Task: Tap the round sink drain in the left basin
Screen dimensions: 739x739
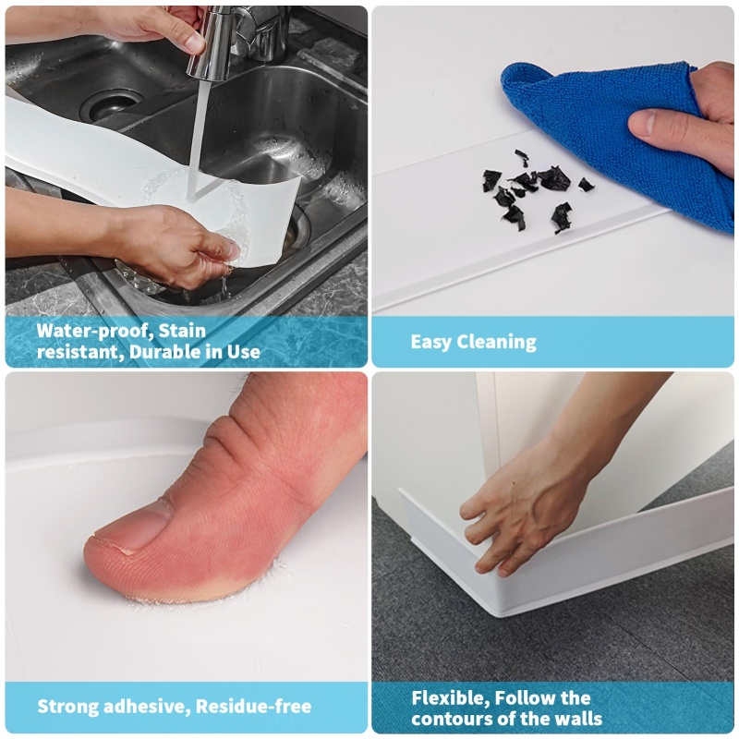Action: coord(112,104)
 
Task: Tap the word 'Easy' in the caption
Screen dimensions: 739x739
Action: coord(430,342)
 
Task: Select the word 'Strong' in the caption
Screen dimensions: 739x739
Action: coord(67,707)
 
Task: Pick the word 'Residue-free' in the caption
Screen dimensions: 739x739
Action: coord(253,706)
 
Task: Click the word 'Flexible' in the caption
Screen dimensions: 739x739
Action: coord(450,698)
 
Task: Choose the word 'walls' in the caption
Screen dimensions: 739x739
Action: coord(578,719)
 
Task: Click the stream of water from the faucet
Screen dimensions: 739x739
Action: coord(195,138)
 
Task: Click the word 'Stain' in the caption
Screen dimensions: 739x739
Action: coord(182,331)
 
